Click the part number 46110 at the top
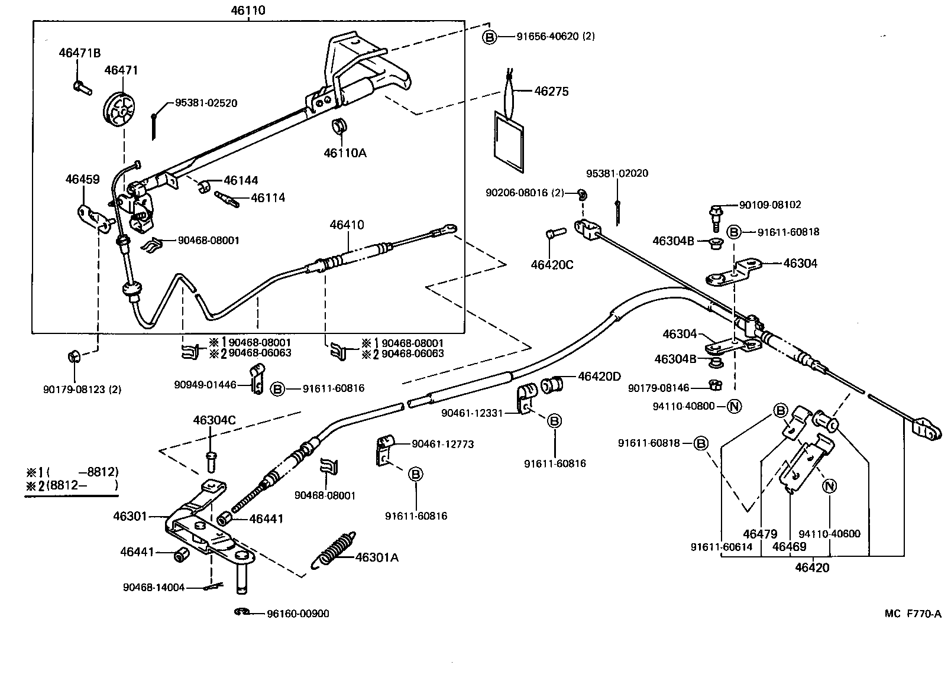248,10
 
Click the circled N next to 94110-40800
734,406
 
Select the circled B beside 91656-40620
489,37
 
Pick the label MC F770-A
913,614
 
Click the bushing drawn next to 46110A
339,127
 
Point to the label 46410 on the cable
347,225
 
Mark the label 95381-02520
206,103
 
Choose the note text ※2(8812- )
71,485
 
